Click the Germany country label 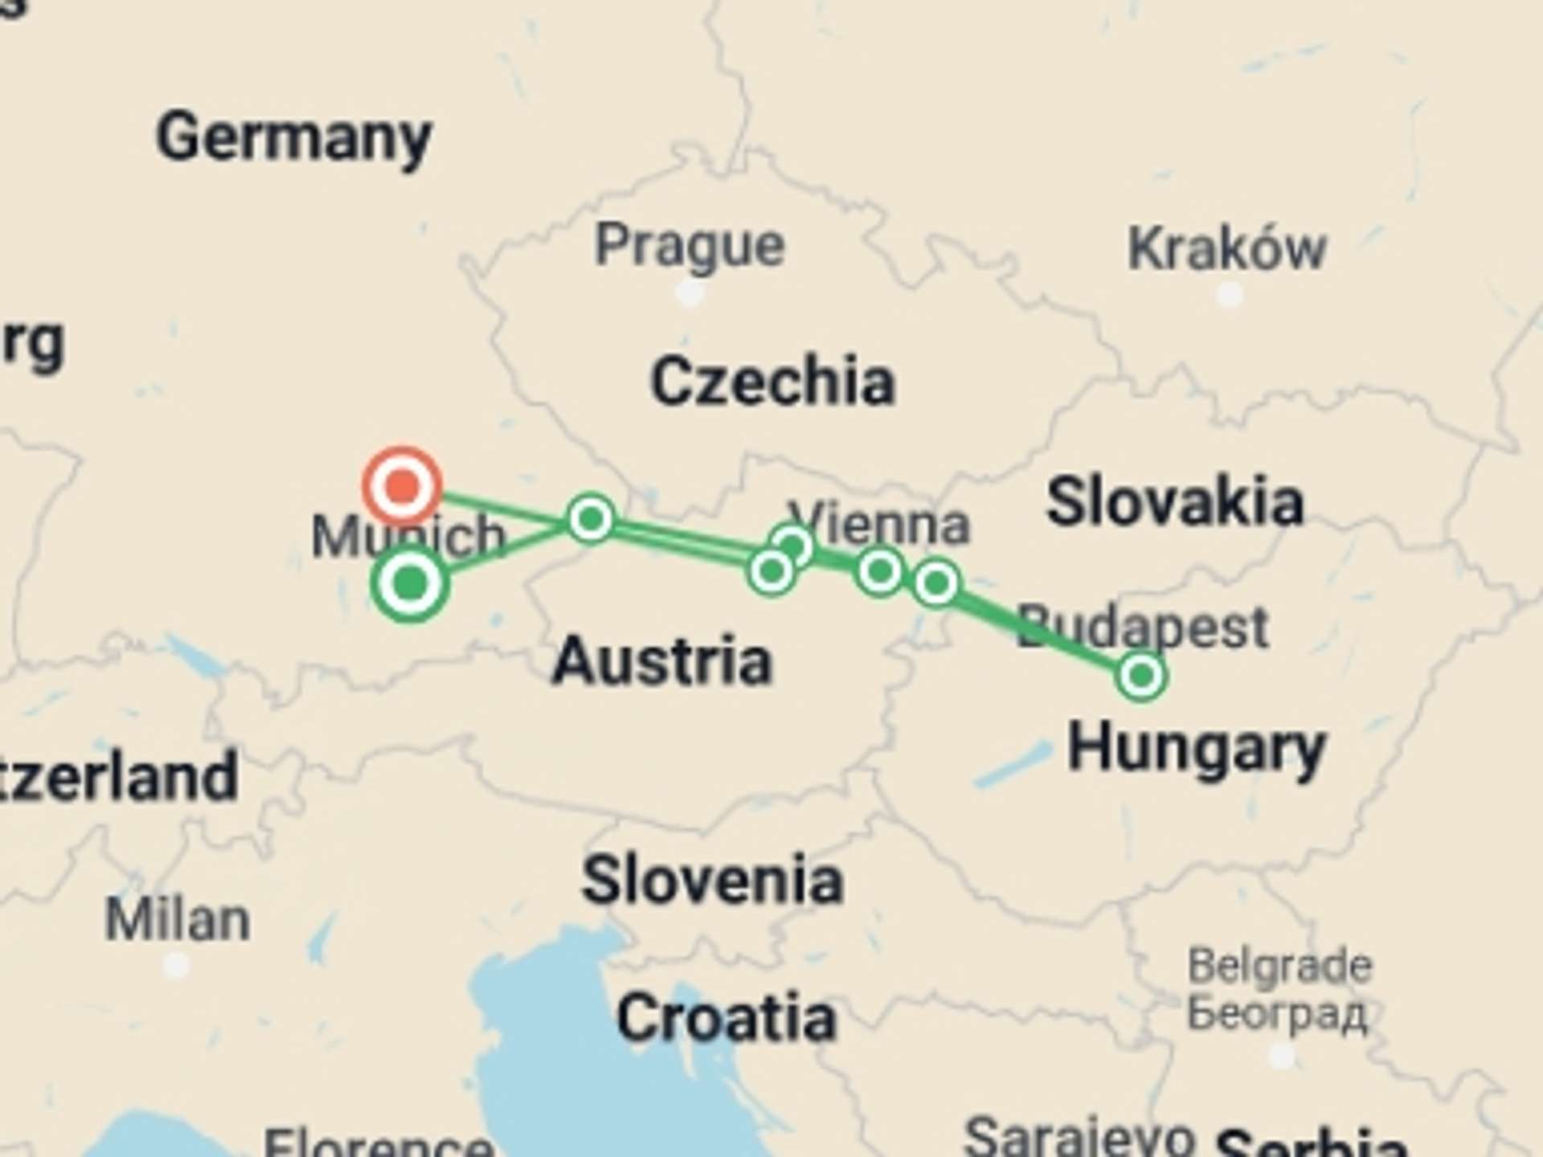(294, 138)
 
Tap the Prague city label (690, 245)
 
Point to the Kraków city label (1226, 249)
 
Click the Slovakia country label (1174, 502)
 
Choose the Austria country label (662, 661)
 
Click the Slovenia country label (712, 881)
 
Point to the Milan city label (178, 920)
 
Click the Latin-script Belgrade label (1279, 965)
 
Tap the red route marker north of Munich (402, 485)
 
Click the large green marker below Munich (411, 583)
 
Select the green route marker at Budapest (1141, 676)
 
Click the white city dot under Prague (690, 294)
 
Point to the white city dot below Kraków (1229, 296)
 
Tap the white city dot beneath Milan (176, 965)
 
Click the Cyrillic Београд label (1278, 1012)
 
